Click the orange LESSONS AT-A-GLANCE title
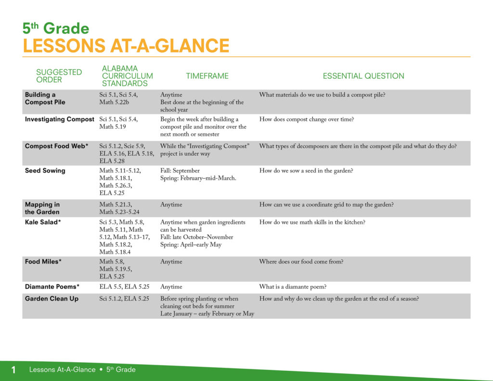[126, 46]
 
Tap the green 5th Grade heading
[56, 28]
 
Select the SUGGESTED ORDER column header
[59, 76]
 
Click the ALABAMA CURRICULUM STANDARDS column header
[127, 76]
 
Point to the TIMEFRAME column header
[207, 76]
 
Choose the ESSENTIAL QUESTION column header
[363, 76]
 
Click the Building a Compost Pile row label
[45, 98]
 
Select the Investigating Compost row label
[59, 119]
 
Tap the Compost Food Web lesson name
[57, 146]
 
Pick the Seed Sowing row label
[45, 171]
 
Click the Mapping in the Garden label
[42, 208]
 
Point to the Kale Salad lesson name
[43, 222]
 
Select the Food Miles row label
[43, 262]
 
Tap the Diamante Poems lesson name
[52, 287]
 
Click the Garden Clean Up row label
[52, 299]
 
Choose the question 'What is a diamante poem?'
[293, 287]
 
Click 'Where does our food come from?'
[301, 262]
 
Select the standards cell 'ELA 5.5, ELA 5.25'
[124, 287]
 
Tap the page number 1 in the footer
[13, 369]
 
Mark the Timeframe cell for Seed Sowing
[198, 174]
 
